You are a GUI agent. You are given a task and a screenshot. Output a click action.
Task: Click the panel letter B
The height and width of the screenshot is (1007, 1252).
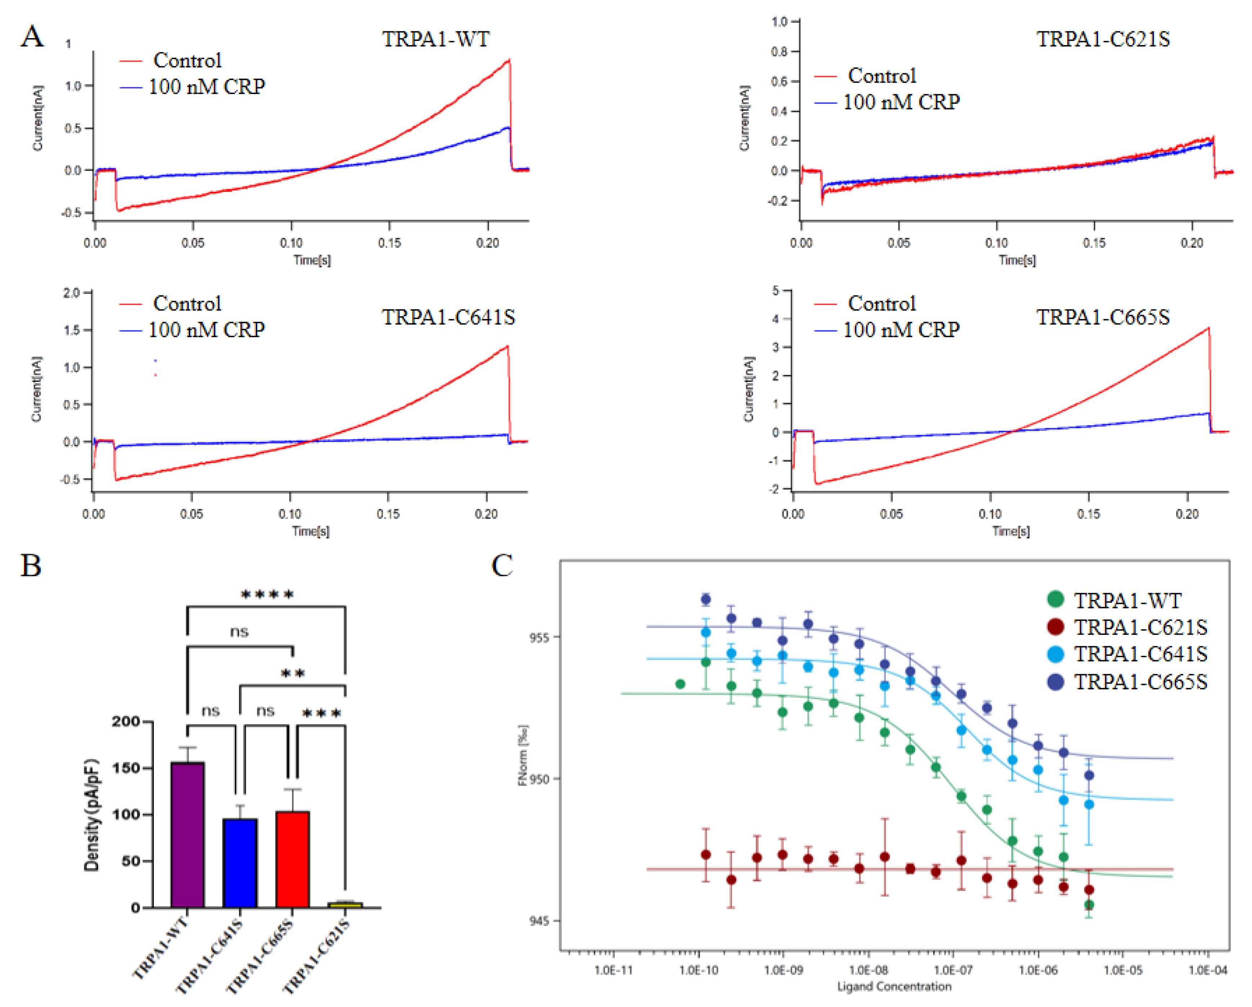click(x=31, y=565)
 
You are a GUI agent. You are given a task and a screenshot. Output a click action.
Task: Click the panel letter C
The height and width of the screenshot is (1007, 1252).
click(x=502, y=565)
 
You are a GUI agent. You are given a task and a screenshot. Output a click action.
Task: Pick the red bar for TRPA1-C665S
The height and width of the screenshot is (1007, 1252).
click(x=292, y=860)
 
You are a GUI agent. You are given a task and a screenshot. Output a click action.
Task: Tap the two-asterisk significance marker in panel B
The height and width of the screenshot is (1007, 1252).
click(x=293, y=674)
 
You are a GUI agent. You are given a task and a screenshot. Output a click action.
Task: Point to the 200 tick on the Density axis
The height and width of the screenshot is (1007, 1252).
click(x=126, y=722)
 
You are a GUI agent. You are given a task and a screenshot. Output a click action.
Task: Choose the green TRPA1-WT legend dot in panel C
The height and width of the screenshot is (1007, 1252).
click(x=1055, y=599)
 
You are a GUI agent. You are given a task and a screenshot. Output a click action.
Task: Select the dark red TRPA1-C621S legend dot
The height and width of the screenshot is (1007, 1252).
click(x=1055, y=627)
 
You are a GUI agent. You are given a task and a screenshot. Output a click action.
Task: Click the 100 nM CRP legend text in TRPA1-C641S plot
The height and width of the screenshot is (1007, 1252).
click(x=207, y=330)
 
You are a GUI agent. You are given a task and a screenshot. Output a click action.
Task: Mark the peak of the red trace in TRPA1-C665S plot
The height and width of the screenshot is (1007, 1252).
click(x=1208, y=328)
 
